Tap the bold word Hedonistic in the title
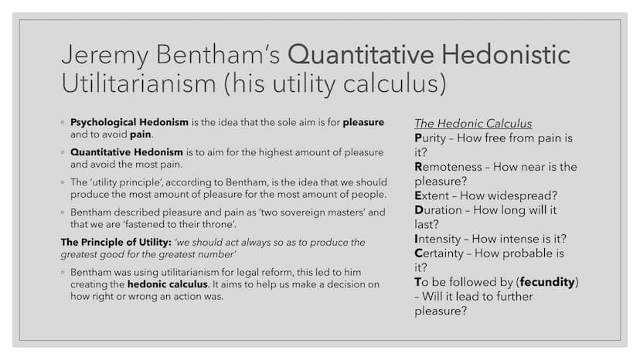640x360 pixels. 506,54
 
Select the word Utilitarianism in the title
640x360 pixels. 139,83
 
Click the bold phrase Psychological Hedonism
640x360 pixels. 129,123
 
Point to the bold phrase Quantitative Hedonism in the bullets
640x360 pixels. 127,152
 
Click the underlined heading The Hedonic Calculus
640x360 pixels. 473,124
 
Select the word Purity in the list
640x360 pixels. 431,138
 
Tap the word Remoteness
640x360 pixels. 448,167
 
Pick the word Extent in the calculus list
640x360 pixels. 432,196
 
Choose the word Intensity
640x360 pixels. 437,239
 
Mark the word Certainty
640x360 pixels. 439,253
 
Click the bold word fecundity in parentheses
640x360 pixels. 547,283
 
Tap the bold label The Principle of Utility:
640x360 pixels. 116,243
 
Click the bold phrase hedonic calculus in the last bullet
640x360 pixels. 168,284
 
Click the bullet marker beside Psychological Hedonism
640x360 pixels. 63,122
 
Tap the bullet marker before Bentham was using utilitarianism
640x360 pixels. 63,272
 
